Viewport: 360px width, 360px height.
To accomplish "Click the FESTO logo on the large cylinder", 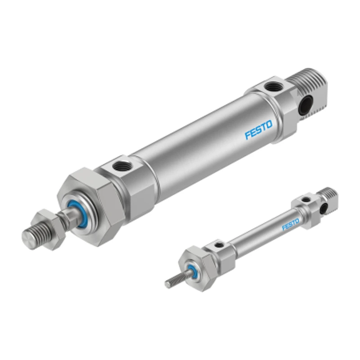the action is pyautogui.click(x=258, y=130).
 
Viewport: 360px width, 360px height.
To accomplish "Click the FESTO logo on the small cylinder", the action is pyautogui.click(x=290, y=224).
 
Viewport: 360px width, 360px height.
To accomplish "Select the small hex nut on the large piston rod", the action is pyautogui.click(x=49, y=229).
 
